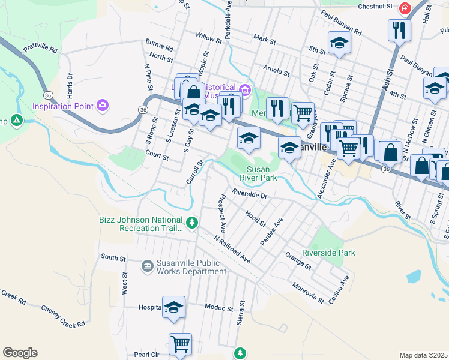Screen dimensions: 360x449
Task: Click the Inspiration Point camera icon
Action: (103, 106)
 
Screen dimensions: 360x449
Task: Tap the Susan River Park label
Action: (258, 173)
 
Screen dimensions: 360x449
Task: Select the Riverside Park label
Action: (328, 253)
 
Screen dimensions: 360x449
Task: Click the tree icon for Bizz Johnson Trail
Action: (191, 223)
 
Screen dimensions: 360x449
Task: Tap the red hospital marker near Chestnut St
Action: (405, 8)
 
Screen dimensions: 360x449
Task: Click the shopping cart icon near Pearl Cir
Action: (180, 344)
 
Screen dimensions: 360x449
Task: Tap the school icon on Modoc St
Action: (173, 307)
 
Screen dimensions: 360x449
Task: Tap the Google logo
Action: (20, 353)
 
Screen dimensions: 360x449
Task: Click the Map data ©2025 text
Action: (423, 355)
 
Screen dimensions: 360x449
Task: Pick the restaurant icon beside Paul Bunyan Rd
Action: (399, 29)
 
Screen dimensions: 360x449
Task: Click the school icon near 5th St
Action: (339, 43)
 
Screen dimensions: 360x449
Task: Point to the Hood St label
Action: (256, 218)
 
